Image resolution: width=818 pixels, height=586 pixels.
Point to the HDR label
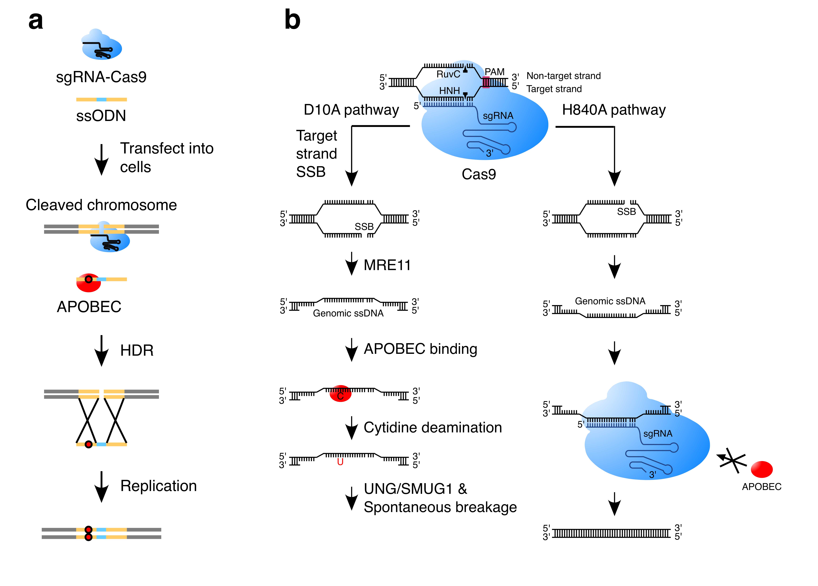click(x=137, y=350)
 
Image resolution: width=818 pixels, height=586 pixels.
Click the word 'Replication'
click(x=158, y=486)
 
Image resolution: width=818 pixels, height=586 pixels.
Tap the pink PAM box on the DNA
click(x=486, y=82)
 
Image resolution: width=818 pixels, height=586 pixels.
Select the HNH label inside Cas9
click(x=449, y=91)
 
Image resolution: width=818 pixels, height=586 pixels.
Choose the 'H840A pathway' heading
click(x=614, y=110)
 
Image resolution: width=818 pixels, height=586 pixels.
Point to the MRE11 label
click(x=387, y=265)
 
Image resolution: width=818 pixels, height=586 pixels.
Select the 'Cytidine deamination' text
click(x=432, y=428)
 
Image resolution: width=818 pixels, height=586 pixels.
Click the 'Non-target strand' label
click(x=563, y=76)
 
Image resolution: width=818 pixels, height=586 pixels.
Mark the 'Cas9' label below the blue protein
click(x=479, y=174)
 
